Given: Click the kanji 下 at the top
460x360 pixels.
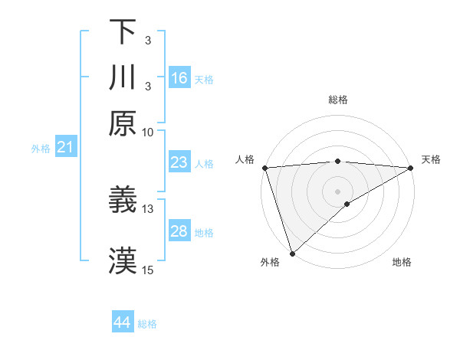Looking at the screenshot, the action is [x=123, y=33].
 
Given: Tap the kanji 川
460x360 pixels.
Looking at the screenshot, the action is [x=123, y=78].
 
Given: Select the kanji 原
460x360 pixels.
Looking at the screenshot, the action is [x=123, y=123].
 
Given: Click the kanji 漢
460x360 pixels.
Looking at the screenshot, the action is [x=123, y=261].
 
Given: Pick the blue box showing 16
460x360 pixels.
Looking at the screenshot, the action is [x=179, y=78].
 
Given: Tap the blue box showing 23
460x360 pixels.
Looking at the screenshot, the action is [x=179, y=162].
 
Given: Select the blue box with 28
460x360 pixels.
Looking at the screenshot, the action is [x=179, y=231].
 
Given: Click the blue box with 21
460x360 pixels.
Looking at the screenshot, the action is [x=65, y=147].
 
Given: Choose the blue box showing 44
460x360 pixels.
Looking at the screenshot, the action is [x=123, y=322].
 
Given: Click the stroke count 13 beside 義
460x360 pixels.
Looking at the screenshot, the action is [x=148, y=208].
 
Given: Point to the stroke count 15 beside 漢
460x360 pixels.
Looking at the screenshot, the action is [x=148, y=270].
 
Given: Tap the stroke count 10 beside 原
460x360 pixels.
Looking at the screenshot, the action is [x=148, y=132].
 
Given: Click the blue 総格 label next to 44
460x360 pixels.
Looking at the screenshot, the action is [x=147, y=324].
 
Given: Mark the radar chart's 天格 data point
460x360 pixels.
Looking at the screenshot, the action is [x=411, y=167].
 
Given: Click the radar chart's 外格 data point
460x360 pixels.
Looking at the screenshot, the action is [x=292, y=254].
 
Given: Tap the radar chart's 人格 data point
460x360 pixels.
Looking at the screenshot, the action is [x=264, y=167].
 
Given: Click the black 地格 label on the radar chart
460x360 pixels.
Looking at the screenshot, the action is [x=402, y=262].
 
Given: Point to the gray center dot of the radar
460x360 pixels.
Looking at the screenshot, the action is [x=337, y=191].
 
